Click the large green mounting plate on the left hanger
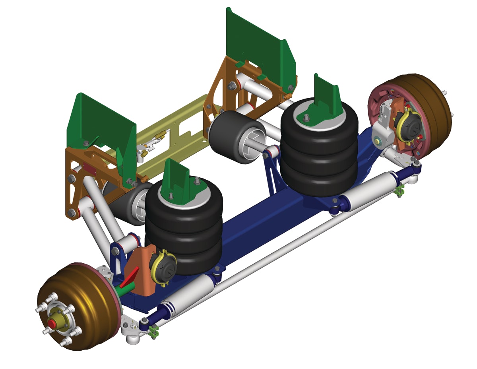tap(103, 131)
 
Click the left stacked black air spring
tap(183, 231)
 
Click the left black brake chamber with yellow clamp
tap(163, 266)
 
